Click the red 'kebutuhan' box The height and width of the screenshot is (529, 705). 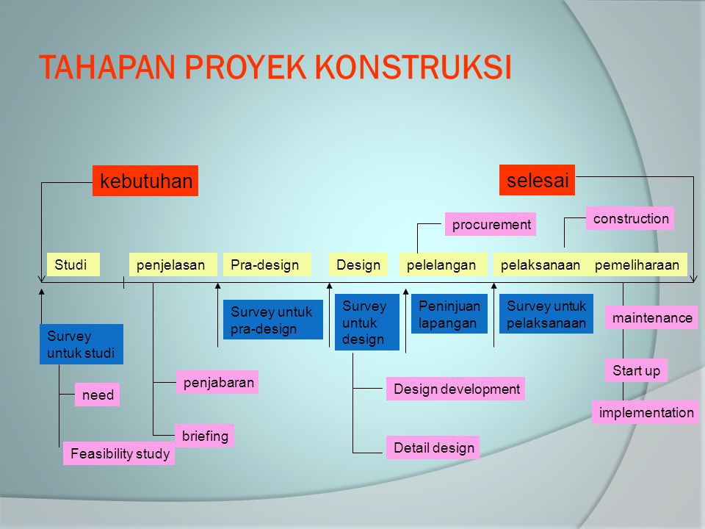pyautogui.click(x=145, y=181)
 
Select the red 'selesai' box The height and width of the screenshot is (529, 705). pyautogui.click(x=537, y=180)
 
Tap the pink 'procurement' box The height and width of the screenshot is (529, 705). pyautogui.click(x=491, y=224)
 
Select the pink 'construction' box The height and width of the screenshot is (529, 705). pyautogui.click(x=629, y=218)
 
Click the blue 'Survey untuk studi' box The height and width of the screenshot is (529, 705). pyautogui.click(x=81, y=345)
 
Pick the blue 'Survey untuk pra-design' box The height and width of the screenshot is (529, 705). pyautogui.click(x=272, y=320)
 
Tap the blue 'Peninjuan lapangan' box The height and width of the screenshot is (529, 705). pyautogui.click(x=449, y=314)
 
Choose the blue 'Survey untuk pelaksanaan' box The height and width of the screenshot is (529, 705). pyautogui.click(x=546, y=314)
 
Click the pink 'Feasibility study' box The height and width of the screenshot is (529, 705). pyautogui.click(x=119, y=454)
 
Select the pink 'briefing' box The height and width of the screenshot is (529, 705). pyautogui.click(x=204, y=436)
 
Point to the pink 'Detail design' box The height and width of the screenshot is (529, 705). pyautogui.click(x=433, y=447)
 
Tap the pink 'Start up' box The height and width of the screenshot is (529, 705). pyautogui.click(x=635, y=370)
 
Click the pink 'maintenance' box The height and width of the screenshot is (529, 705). pyautogui.click(x=651, y=317)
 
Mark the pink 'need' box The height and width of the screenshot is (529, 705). pyautogui.click(x=97, y=395)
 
